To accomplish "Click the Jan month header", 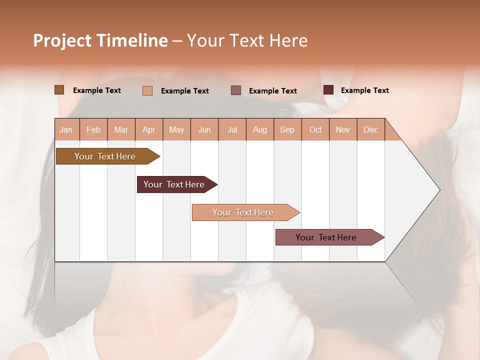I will [66, 129].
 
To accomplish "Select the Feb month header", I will [93, 129].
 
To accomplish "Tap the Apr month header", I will [148, 129].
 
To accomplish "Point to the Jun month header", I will [204, 129].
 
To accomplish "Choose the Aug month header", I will [259, 129].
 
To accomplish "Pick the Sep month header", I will [287, 129].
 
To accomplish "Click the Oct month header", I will [315, 129].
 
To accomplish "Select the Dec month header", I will [370, 129].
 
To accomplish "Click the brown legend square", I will [59, 90].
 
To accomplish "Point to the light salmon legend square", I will [147, 90].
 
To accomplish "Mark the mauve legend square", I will [236, 90].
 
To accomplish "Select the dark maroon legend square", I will [328, 90].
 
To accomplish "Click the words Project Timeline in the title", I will [100, 40].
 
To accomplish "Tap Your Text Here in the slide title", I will [247, 40].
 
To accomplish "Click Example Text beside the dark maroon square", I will [364, 90].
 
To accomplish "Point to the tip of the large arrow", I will [439, 190].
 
